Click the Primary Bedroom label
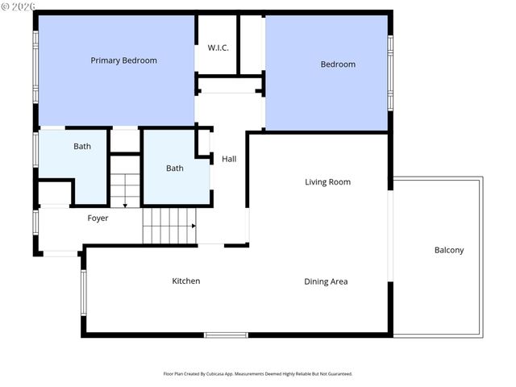tap(123, 60)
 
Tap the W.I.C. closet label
tap(218, 48)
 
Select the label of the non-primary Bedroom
tap(338, 64)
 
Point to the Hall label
tap(229, 160)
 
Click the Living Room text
tap(327, 182)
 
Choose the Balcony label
tap(449, 250)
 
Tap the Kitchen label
tap(185, 281)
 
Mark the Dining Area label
tap(326, 281)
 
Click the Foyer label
tap(98, 218)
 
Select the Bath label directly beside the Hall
tap(174, 169)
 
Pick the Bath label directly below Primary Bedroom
tap(82, 147)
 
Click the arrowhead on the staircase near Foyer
tap(193, 226)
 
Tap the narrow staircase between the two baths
tap(125, 185)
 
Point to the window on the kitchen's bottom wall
tap(226, 335)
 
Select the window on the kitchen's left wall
tap(82, 292)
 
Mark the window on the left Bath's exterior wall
tap(35, 149)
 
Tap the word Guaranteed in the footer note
tap(338, 374)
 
